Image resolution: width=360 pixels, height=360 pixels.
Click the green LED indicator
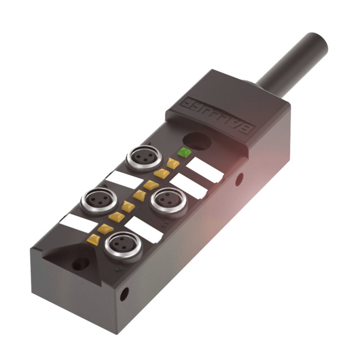coord(184,152)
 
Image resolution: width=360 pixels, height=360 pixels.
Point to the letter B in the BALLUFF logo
coord(246,128)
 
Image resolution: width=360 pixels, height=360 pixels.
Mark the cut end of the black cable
coord(316,41)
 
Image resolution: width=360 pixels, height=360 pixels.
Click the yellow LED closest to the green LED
coord(172,163)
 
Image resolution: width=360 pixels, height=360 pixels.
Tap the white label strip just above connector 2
coord(188,186)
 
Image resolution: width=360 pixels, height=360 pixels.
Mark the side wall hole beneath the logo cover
coord(239,180)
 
